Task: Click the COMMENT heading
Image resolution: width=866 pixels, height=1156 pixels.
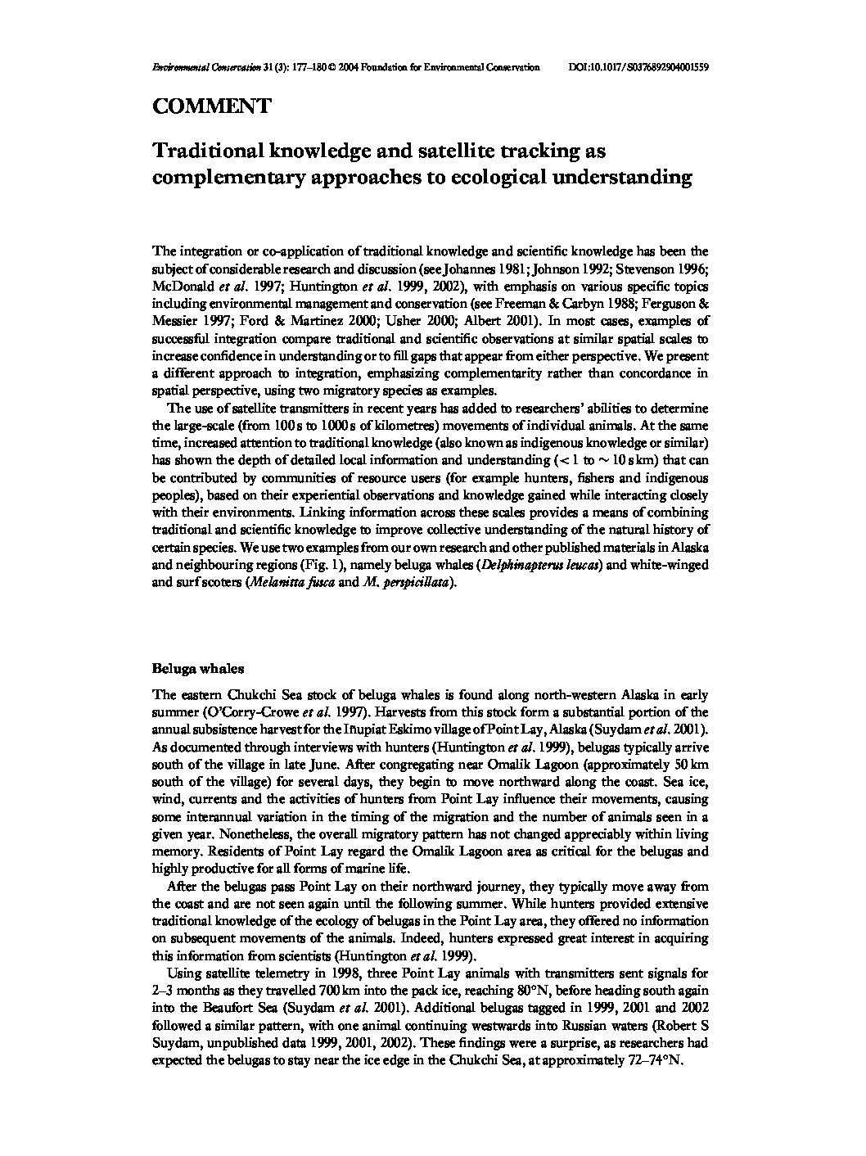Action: pos(211,106)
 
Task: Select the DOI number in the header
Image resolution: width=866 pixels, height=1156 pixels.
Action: pos(638,68)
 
